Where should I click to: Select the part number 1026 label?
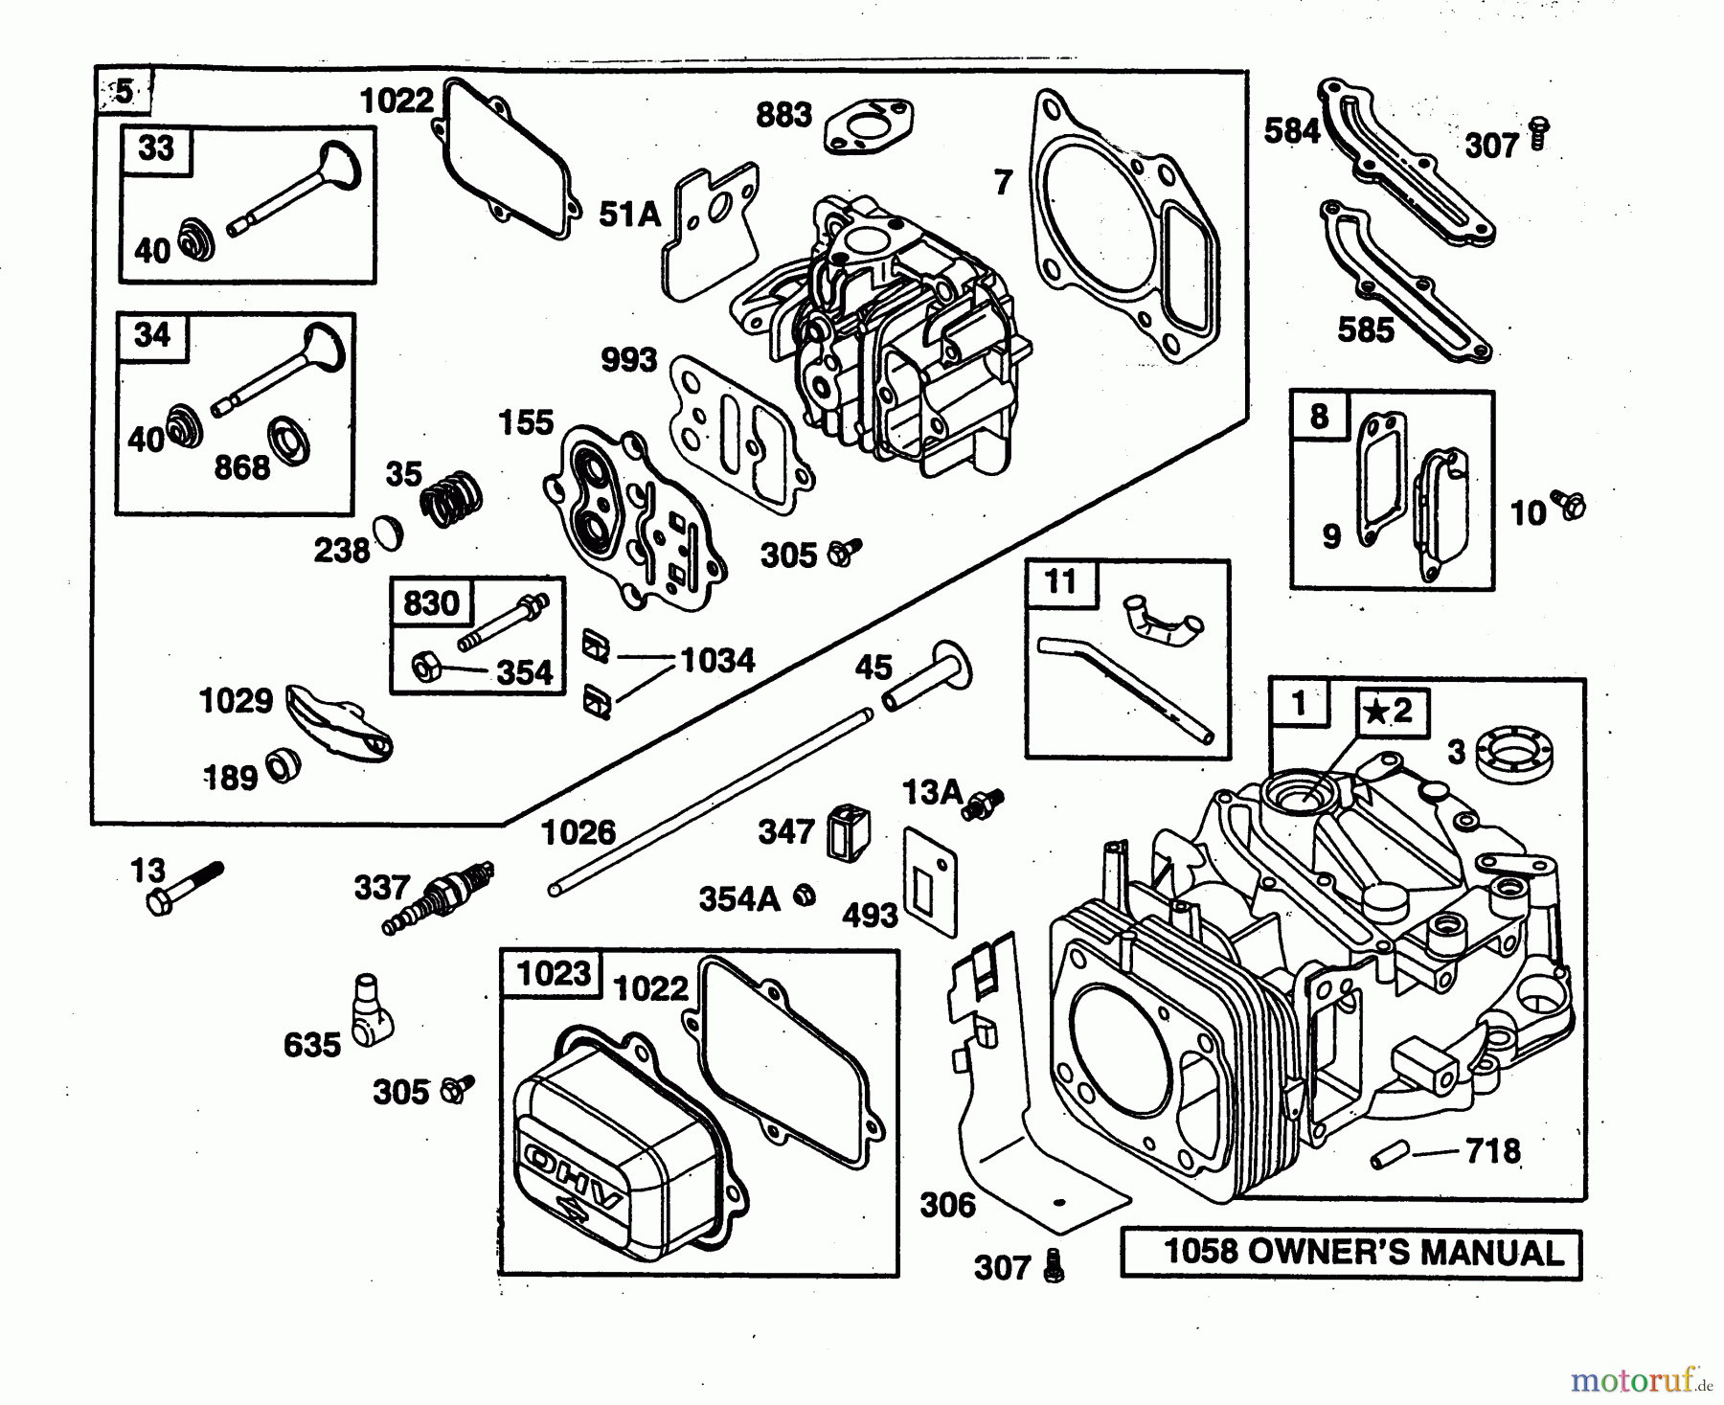click(x=578, y=832)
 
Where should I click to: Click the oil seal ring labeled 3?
click(x=1513, y=754)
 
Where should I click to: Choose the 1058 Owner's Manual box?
click(x=1350, y=1252)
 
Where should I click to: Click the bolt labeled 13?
click(x=185, y=888)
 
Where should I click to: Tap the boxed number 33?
click(x=156, y=149)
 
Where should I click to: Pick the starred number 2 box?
click(x=1389, y=711)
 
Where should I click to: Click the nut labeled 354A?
click(x=805, y=895)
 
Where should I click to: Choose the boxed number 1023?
click(x=554, y=974)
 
